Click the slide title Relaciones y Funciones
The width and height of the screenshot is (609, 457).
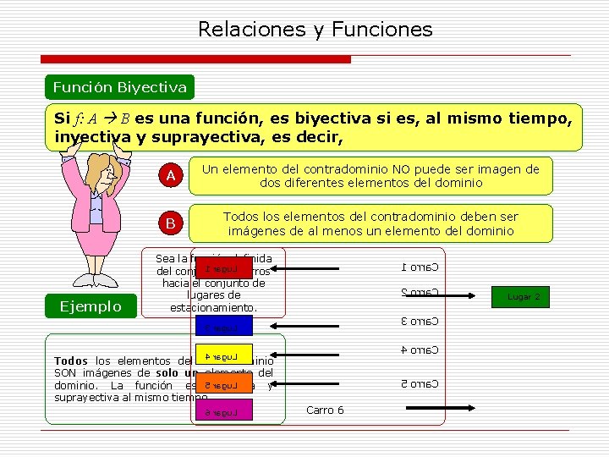[x=315, y=30]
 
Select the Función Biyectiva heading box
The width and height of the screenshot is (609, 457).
[x=119, y=87]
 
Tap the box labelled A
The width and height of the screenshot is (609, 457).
[x=170, y=176]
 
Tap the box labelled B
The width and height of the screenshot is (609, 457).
[x=170, y=224]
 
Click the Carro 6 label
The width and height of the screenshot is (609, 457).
[x=325, y=410]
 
